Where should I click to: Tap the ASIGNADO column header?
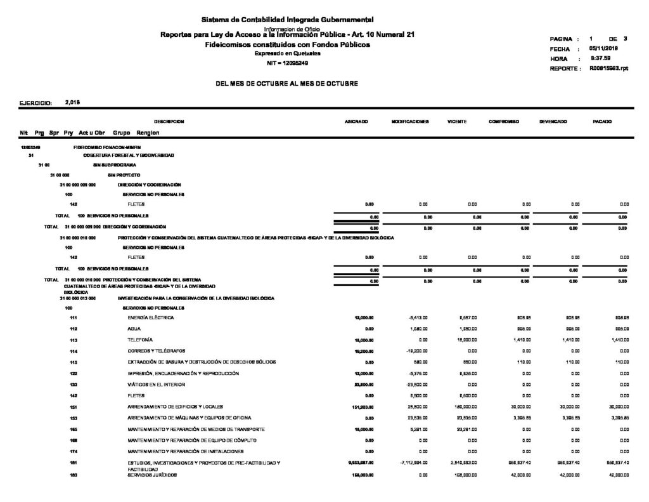pyautogui.click(x=353, y=121)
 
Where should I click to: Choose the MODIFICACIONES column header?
pyautogui.click(x=411, y=121)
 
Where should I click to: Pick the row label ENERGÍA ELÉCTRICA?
pyautogui.click(x=150, y=317)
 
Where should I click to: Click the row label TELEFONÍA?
pyautogui.click(x=139, y=340)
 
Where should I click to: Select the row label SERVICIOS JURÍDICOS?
pyautogui.click(x=152, y=475)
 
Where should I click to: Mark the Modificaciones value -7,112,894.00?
pyautogui.click(x=411, y=463)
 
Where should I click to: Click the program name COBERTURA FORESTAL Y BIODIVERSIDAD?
pyautogui.click(x=129, y=155)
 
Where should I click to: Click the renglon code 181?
pyautogui.click(x=73, y=463)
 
